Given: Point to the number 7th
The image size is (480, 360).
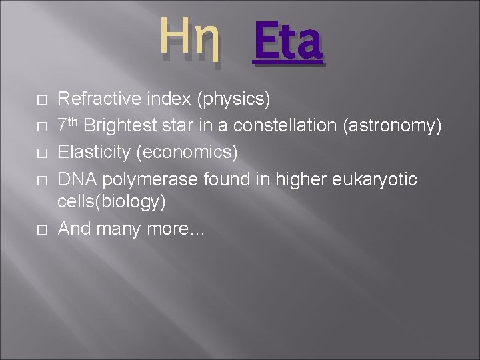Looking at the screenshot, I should (x=69, y=125).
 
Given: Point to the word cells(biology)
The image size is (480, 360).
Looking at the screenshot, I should (x=112, y=201).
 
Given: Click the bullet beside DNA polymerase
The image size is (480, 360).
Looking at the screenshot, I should (x=41, y=180).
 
